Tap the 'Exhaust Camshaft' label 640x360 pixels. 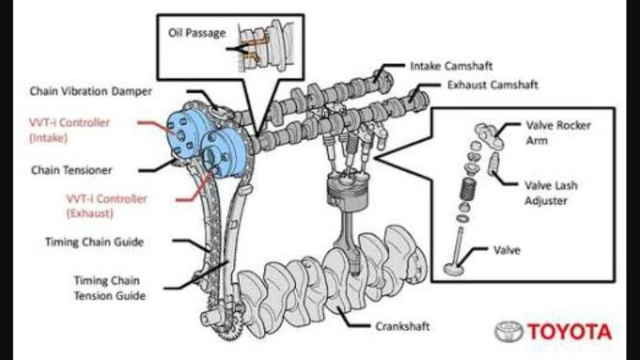[x=492, y=84]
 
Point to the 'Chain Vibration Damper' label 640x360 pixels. [x=90, y=91]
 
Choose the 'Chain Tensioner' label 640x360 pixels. [x=70, y=170]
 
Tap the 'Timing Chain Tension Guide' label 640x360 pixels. [x=110, y=288]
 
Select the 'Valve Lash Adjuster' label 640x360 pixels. [x=552, y=193]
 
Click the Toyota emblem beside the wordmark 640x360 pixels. [x=508, y=331]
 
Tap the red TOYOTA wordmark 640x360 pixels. [x=569, y=331]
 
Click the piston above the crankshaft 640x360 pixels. [x=343, y=193]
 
